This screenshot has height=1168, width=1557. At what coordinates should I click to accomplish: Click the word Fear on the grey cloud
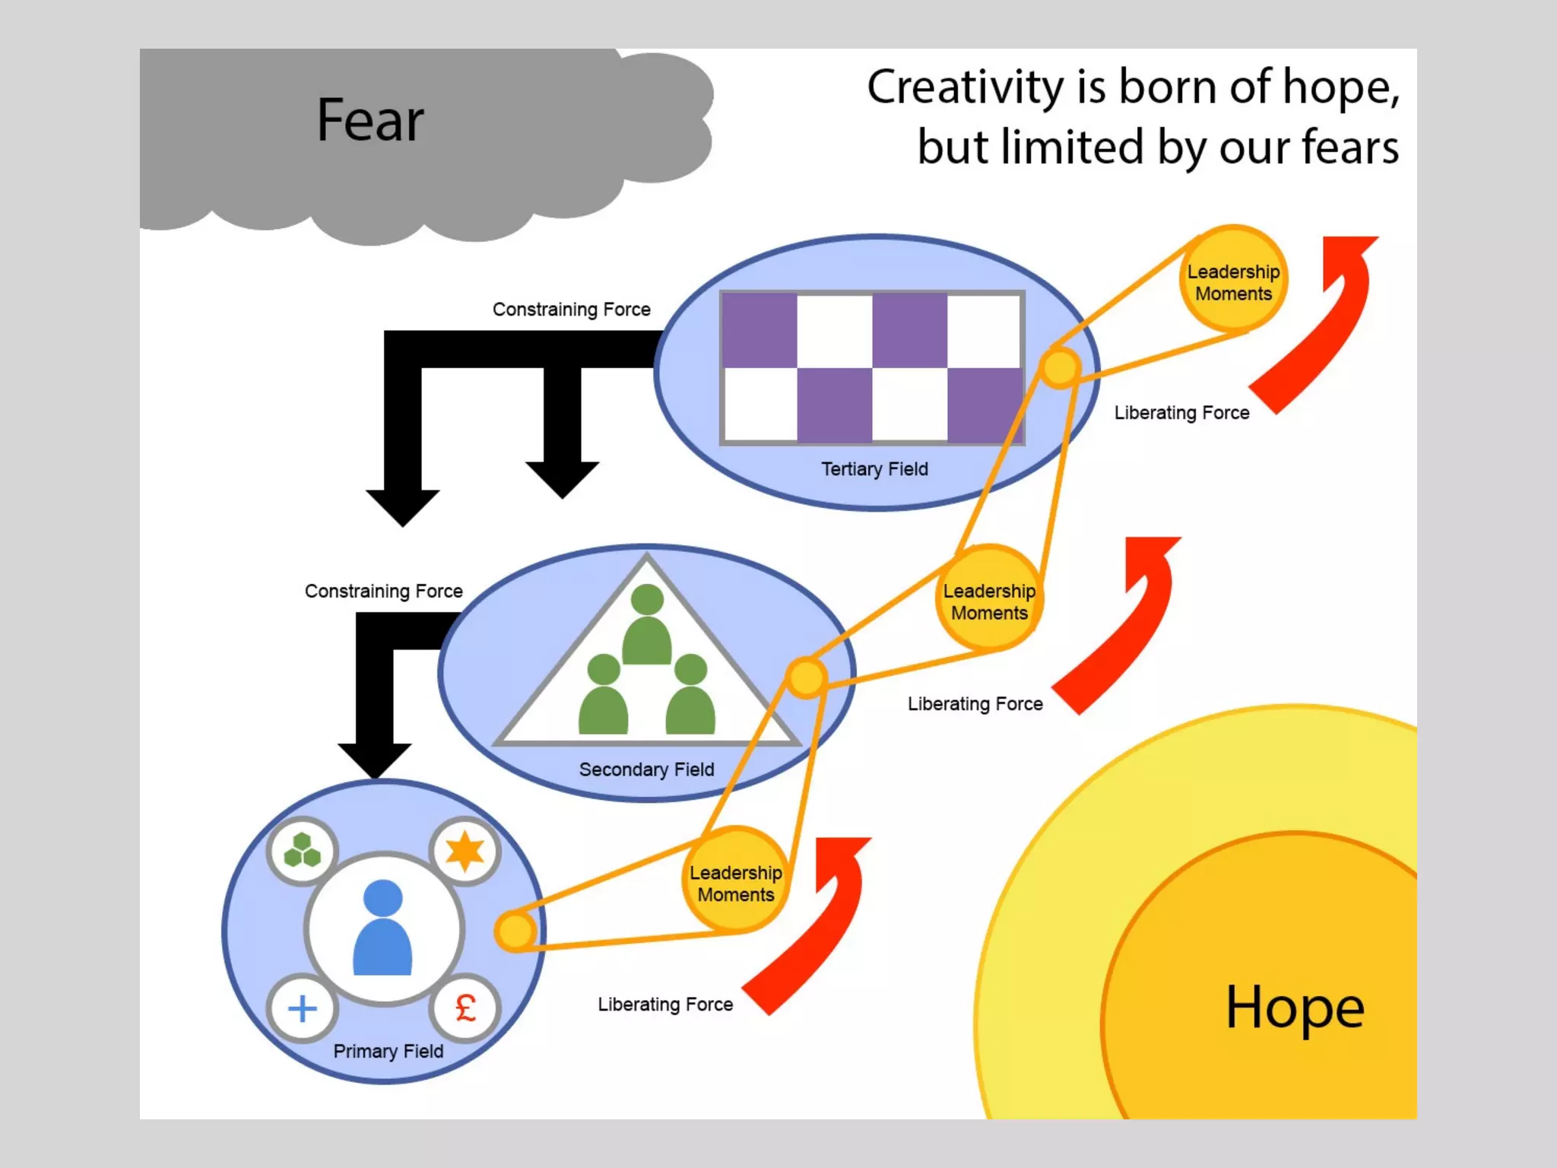370,121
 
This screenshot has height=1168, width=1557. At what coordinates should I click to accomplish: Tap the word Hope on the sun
1295,1008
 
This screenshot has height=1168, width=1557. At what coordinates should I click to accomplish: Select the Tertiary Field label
874,469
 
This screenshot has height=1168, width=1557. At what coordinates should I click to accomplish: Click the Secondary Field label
646,770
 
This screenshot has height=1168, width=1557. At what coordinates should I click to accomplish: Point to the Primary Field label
388,1051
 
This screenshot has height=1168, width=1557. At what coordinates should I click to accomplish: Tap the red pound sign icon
465,1008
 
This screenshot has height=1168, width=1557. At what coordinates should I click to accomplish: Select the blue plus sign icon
303,1009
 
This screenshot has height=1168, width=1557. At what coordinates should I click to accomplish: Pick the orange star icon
465,851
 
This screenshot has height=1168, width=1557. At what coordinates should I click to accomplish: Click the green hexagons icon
302,851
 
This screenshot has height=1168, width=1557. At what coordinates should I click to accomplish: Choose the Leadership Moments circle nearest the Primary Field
735,881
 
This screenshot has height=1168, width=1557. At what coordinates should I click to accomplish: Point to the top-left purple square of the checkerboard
759,331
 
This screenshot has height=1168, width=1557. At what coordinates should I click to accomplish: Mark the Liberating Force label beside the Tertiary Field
1181,413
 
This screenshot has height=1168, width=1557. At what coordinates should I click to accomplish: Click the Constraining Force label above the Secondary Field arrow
383,591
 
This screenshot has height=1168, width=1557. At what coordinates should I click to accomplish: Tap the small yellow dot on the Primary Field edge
516,930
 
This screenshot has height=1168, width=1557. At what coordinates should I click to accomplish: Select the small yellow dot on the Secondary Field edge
806,677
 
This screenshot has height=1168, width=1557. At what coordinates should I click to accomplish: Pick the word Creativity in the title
966,87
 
